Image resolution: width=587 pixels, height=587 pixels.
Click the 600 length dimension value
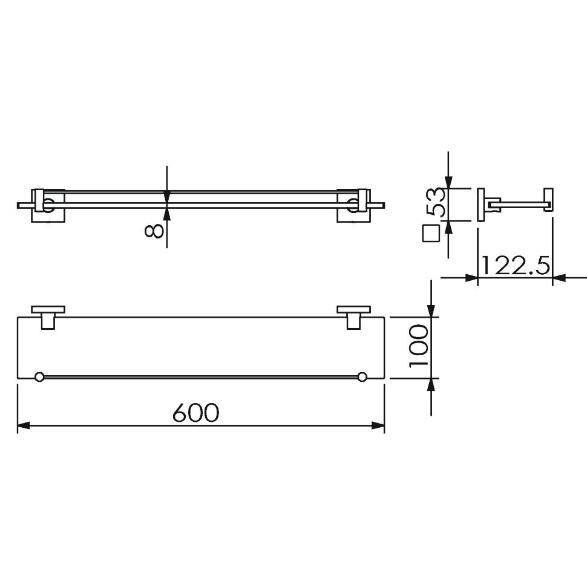coord(196,412)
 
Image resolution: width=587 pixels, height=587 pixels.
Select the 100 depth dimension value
coord(418,346)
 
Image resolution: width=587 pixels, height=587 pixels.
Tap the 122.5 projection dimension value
coord(515,266)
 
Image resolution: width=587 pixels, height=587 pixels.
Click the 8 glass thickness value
coord(154,229)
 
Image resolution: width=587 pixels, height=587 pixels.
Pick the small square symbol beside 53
coord(430,233)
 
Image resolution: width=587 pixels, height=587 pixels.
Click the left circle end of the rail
coord(39,377)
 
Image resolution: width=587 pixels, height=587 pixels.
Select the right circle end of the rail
coord(362,377)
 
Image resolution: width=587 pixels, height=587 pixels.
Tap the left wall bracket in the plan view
coord(48,318)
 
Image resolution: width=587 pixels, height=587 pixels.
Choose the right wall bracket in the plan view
coord(354,318)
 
